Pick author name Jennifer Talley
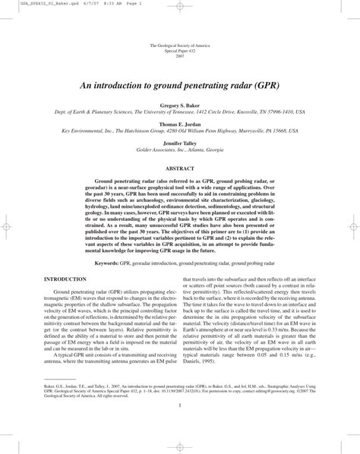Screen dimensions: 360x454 click(180, 142)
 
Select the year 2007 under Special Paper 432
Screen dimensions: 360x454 click(180, 57)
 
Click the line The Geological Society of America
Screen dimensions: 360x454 click(180, 46)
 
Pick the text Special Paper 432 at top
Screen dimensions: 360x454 click(180, 52)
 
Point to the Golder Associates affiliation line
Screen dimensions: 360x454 click(180, 149)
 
